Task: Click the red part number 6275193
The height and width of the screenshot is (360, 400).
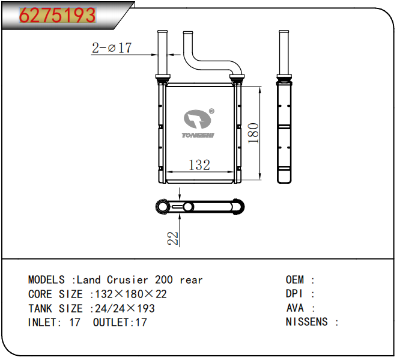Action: (x=58, y=15)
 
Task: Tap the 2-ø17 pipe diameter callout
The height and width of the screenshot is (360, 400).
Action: (x=112, y=47)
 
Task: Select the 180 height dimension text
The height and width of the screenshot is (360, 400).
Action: (x=253, y=133)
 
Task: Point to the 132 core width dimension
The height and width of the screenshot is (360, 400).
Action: (x=199, y=165)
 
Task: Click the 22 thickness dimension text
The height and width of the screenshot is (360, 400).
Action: (x=173, y=239)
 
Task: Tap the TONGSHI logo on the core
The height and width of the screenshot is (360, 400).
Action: (x=198, y=124)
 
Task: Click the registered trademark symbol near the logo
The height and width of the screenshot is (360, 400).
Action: (x=211, y=111)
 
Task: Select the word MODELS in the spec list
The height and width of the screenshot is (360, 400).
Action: (x=46, y=280)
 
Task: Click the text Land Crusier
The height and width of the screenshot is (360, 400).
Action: (x=112, y=280)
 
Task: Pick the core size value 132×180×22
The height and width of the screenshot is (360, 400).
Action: (x=131, y=294)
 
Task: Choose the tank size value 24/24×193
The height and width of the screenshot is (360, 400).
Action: (x=125, y=308)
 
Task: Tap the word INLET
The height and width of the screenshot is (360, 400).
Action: (x=43, y=322)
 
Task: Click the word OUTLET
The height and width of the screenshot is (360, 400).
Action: (x=111, y=322)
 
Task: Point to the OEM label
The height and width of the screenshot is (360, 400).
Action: (x=295, y=280)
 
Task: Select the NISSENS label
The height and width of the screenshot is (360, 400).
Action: (x=307, y=322)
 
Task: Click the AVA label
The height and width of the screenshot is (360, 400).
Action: (x=295, y=308)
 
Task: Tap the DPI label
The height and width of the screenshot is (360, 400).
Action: (x=294, y=294)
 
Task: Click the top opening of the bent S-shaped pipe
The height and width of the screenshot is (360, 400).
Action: (x=188, y=33)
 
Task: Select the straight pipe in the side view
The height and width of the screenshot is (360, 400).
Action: (x=283, y=53)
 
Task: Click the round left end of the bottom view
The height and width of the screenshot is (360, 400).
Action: (x=163, y=207)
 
